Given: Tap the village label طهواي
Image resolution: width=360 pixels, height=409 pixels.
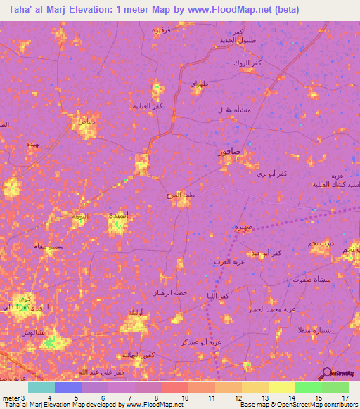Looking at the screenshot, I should click(x=199, y=84).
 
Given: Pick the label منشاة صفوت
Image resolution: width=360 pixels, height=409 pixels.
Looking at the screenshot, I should click(x=314, y=279).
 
